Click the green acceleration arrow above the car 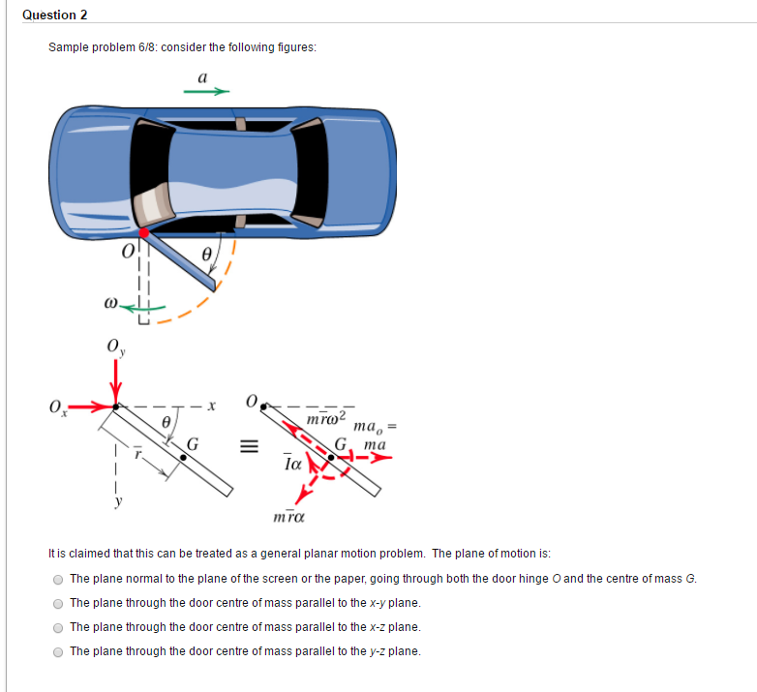pos(206,93)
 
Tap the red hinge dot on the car pos(144,232)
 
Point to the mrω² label pos(323,417)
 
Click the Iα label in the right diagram pos(293,465)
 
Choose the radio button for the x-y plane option pos(58,603)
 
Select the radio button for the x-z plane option pos(58,627)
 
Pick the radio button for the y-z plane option pos(58,651)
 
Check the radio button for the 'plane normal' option pos(58,579)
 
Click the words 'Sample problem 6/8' pos(96,47)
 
